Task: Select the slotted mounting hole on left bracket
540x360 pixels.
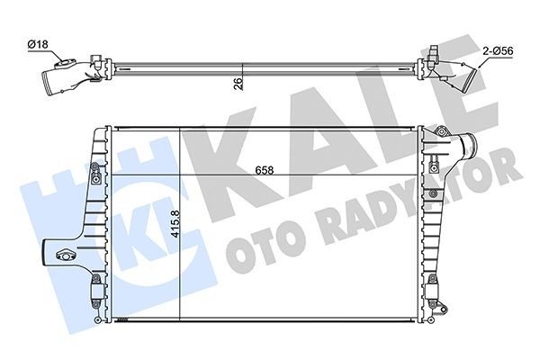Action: tap(64, 253)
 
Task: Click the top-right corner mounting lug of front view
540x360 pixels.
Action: tap(441, 134)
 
